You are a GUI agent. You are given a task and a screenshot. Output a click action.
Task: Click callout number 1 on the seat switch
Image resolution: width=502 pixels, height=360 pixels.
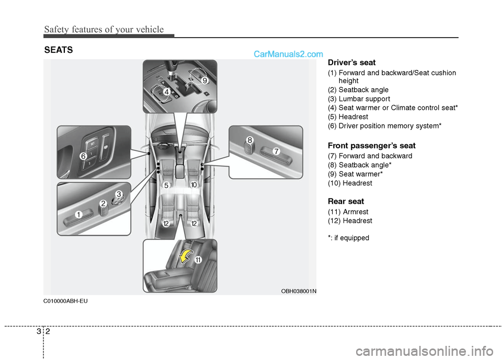click(x=78, y=215)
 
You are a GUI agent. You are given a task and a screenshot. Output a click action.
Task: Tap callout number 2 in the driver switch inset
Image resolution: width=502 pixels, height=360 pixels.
click(x=104, y=203)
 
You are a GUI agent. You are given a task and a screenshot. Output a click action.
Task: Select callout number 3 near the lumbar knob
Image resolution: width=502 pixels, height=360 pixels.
click(x=119, y=194)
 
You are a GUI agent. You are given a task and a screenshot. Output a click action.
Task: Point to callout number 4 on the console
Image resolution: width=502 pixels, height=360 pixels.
click(x=166, y=92)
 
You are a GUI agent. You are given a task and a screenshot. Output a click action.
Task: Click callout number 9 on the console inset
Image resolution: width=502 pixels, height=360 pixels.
click(x=205, y=81)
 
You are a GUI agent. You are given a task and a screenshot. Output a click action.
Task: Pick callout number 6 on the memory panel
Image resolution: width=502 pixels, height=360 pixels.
click(x=83, y=156)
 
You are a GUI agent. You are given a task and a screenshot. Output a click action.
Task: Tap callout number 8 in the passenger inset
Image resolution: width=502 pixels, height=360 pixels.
click(x=250, y=140)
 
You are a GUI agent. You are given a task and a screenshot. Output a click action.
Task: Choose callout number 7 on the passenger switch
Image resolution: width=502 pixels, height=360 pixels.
click(x=276, y=151)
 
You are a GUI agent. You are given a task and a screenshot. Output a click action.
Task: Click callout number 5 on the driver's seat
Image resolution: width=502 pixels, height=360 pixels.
click(x=166, y=185)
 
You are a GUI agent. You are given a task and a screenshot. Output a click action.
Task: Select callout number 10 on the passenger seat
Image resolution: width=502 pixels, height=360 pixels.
click(x=193, y=185)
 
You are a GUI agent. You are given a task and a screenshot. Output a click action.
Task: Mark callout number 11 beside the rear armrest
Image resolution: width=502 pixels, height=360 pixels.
click(x=199, y=260)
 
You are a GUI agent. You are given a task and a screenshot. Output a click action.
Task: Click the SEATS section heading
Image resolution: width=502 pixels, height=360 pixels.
click(x=58, y=50)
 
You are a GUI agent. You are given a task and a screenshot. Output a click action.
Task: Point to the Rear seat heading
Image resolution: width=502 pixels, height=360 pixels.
click(x=346, y=201)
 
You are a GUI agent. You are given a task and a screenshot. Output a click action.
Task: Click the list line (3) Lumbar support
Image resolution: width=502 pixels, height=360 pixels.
click(x=359, y=99)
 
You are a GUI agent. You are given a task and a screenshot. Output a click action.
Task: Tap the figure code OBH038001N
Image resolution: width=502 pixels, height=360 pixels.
click(x=299, y=291)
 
